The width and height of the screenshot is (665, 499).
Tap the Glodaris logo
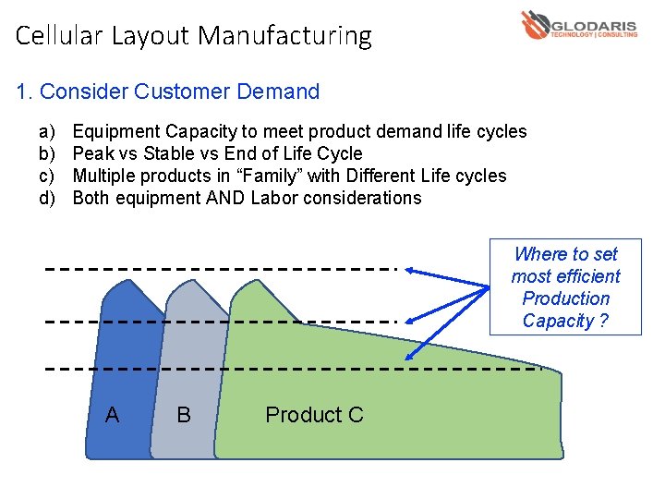pos(578,25)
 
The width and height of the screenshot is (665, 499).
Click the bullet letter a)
pos(46,131)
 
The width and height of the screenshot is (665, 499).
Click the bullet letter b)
pos(46,153)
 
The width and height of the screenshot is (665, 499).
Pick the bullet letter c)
pos(46,176)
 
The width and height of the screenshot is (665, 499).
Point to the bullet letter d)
pos(46,198)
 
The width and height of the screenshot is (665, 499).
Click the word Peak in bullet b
pos(92,153)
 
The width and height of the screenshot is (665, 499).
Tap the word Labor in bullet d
pos(275,198)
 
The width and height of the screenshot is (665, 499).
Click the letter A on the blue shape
pos(112,415)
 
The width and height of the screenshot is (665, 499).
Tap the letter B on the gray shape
pos(184,415)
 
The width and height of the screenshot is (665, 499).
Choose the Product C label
pos(314,415)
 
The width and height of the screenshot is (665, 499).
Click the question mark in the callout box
pos(604,322)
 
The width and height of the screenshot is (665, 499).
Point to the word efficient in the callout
pos(587,276)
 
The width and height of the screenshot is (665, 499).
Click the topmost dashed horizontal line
pos(222,269)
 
